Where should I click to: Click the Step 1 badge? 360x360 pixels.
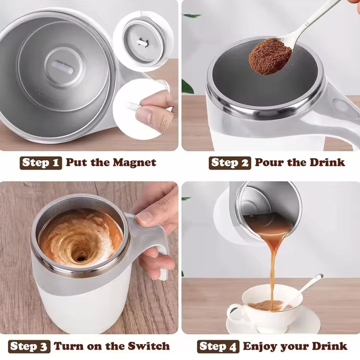[40, 163]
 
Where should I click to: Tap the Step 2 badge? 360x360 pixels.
[230, 163]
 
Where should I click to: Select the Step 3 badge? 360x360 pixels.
[29, 347]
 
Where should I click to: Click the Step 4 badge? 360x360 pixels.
[218, 347]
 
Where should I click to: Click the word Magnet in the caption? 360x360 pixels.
[134, 163]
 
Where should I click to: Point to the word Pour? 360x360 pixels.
[267, 163]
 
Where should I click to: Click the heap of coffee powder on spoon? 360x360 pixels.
[270, 57]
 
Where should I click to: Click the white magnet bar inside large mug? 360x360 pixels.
[63, 67]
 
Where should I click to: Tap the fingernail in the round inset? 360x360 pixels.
[144, 115]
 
